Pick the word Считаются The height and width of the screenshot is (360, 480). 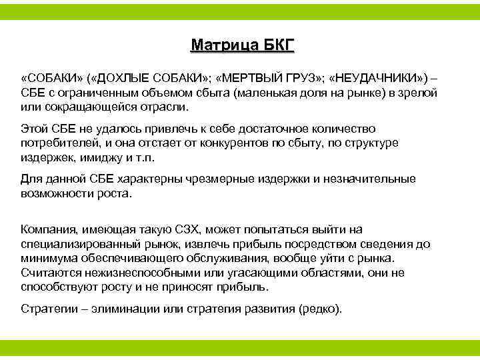click(49, 273)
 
